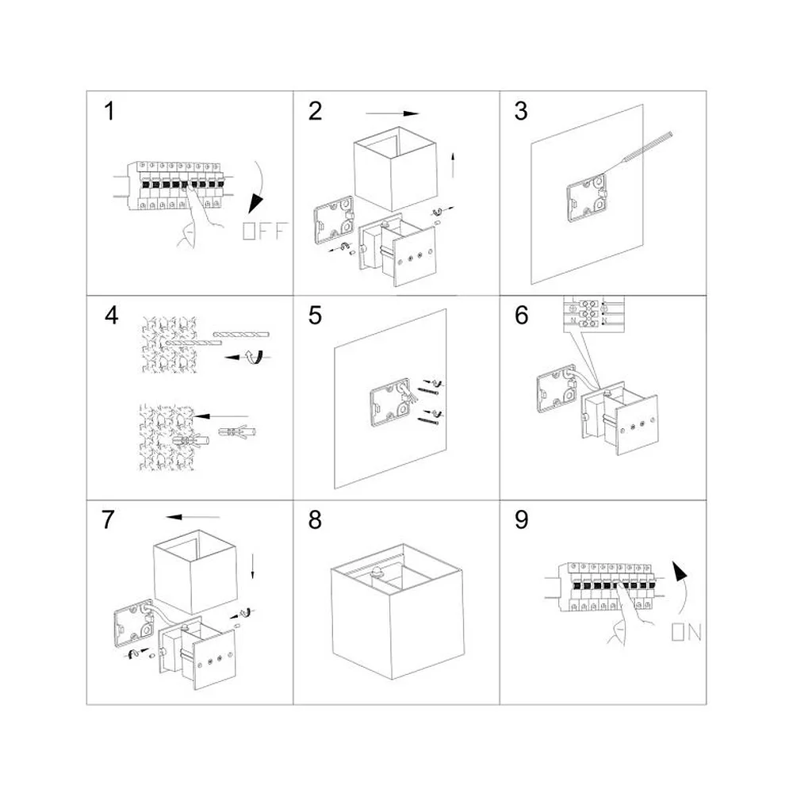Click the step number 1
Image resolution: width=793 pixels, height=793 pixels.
click(109, 111)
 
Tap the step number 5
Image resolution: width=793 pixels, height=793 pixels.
click(315, 316)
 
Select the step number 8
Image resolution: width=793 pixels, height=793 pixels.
click(315, 520)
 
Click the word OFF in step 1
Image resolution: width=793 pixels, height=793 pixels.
click(265, 231)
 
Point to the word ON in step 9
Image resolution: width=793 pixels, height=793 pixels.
click(686, 632)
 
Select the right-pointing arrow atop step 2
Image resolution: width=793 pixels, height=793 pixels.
click(393, 113)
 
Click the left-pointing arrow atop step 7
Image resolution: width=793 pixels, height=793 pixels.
click(193, 517)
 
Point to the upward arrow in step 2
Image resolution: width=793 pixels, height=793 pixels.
click(453, 165)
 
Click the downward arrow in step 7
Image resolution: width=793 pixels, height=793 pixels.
click(252, 566)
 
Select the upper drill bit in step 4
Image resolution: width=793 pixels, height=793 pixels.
click(241, 335)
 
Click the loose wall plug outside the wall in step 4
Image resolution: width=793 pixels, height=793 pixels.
click(236, 432)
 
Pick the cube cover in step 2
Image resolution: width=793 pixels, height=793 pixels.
click(395, 168)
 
